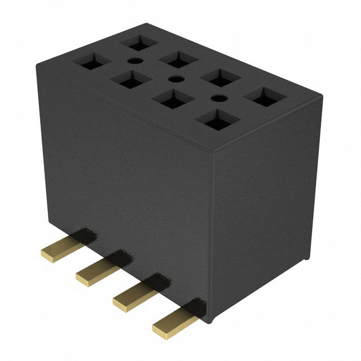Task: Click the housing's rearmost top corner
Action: [148, 23]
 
